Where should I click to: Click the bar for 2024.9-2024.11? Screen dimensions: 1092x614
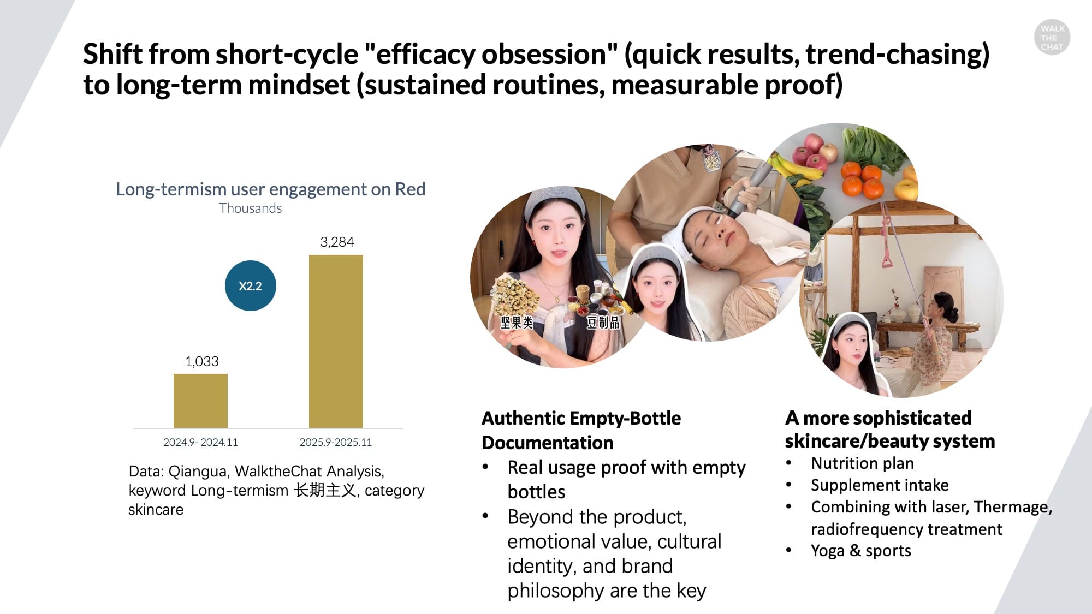tap(200, 401)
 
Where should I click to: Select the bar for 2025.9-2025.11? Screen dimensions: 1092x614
tap(336, 341)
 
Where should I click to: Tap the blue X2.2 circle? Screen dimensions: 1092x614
tap(251, 285)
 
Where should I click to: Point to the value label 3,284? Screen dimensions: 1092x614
tap(337, 242)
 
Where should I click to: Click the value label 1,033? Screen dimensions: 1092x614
tap(201, 361)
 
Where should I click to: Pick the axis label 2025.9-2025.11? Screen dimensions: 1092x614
tap(335, 442)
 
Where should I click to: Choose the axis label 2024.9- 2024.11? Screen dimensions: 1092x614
tap(200, 442)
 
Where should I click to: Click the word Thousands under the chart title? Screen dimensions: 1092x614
tap(251, 208)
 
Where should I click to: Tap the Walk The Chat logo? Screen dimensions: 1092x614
tap(1052, 38)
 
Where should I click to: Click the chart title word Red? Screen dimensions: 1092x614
tap(410, 189)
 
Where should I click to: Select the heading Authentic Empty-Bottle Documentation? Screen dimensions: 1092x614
tap(581, 430)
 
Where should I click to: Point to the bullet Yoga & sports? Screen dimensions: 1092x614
tap(861, 551)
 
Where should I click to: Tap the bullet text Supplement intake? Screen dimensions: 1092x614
tap(880, 485)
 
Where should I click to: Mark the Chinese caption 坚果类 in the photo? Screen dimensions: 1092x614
tap(517, 323)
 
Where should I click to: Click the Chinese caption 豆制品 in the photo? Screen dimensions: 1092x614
tap(603, 323)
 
